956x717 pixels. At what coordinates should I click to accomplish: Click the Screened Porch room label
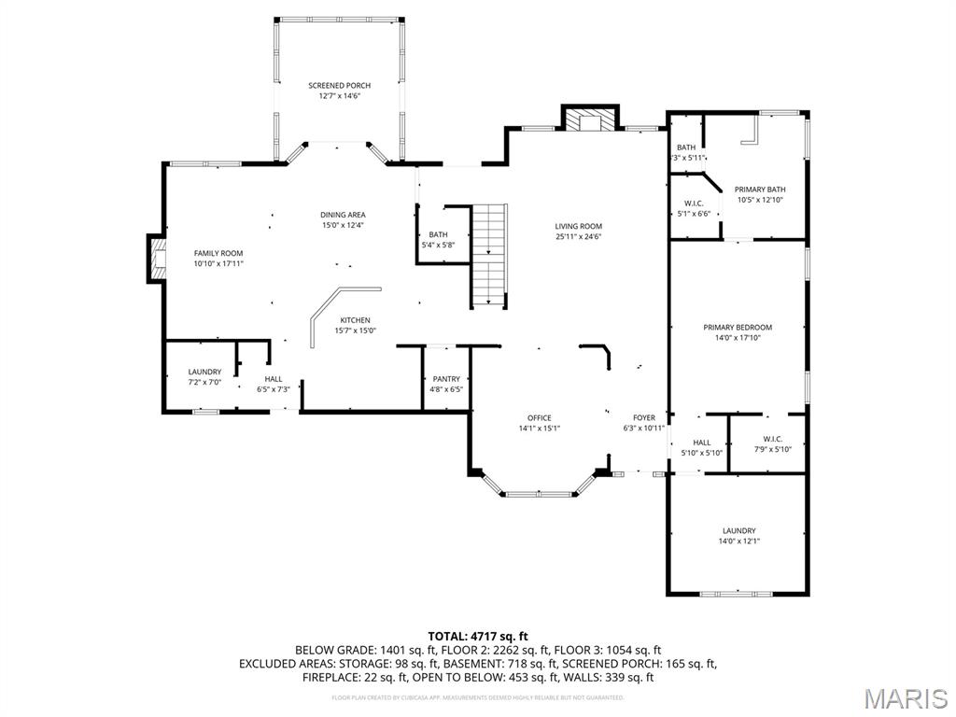[x=339, y=85]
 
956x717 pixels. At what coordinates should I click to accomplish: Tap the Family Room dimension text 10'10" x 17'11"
[x=218, y=264]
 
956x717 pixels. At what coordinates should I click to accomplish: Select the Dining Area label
[x=343, y=215]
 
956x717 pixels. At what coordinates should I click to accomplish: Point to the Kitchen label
[x=355, y=320]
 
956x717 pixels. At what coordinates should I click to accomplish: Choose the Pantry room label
[x=446, y=379]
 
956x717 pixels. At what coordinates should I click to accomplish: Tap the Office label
[x=539, y=417]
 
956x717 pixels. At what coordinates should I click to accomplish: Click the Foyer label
[x=644, y=417]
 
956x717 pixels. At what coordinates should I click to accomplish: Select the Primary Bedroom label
[x=738, y=327]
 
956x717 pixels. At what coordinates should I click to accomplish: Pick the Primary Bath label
[x=760, y=190]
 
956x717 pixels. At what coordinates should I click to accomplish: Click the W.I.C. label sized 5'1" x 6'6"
[x=694, y=204]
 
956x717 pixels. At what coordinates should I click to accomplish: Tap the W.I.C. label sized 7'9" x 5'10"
[x=772, y=439]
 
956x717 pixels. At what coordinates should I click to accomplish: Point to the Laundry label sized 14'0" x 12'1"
[x=738, y=530]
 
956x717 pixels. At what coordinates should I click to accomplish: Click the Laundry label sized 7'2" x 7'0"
[x=204, y=372]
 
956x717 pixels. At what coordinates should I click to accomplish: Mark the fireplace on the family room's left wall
[x=155, y=259]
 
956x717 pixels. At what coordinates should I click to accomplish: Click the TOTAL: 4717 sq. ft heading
[x=477, y=636]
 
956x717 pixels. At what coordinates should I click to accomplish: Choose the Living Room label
[x=578, y=226]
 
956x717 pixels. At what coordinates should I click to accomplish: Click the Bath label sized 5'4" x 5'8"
[x=438, y=234]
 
